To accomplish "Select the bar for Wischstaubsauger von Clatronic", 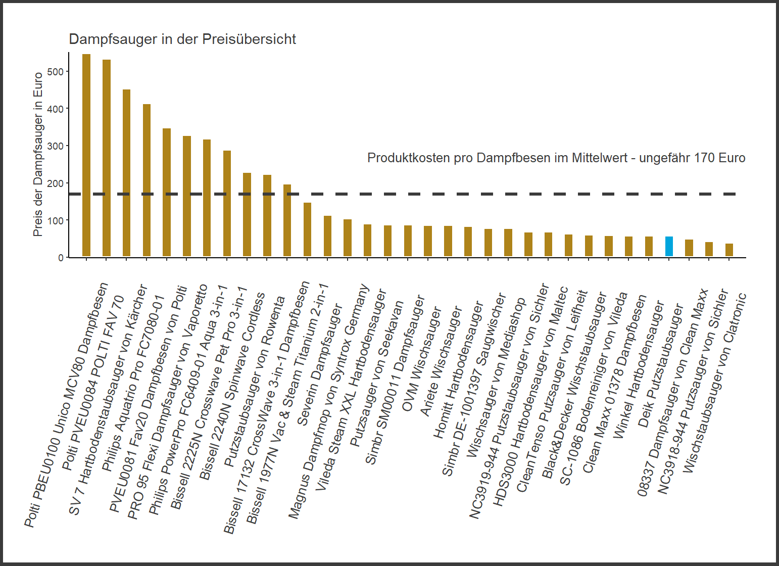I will point(729,250).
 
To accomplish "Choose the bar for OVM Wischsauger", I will point(428,242).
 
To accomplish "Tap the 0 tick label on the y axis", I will point(61,258).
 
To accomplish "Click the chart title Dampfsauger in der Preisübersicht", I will point(182,39).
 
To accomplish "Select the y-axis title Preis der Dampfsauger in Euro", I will point(38,155).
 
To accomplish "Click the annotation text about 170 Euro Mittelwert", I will point(556,158).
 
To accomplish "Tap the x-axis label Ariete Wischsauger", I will point(441,361).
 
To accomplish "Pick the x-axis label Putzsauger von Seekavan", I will point(377,374).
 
